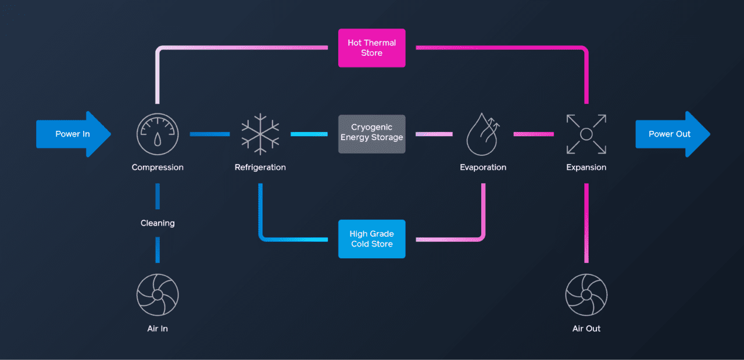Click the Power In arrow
(x=73, y=134)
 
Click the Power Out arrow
(x=673, y=134)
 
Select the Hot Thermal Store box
(x=371, y=48)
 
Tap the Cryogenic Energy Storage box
(x=371, y=134)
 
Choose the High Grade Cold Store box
(x=371, y=238)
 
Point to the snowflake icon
(x=260, y=134)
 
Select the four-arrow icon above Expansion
(x=586, y=134)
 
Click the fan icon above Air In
(x=158, y=294)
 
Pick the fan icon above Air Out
(x=586, y=294)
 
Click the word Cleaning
(x=158, y=223)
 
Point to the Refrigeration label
(x=260, y=167)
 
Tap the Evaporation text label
(x=483, y=167)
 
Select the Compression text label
(x=158, y=167)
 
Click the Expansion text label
(x=586, y=167)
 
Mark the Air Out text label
(x=586, y=329)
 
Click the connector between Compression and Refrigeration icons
(x=210, y=134)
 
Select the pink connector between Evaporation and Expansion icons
(x=534, y=134)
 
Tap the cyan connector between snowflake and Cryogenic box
(x=309, y=134)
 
